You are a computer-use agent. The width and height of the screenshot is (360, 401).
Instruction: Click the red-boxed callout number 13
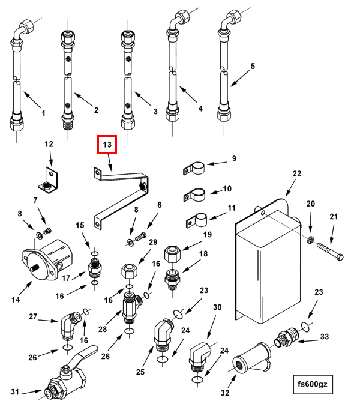107,145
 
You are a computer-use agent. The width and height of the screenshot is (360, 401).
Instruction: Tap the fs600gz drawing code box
313,384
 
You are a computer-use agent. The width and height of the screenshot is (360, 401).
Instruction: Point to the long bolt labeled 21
330,252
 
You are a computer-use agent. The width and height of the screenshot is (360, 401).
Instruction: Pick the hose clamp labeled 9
194,168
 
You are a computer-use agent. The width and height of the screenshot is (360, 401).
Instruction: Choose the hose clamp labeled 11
197,220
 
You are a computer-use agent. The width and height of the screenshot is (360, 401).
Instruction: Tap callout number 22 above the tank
297,174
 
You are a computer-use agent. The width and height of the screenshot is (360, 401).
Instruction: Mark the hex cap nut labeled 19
172,254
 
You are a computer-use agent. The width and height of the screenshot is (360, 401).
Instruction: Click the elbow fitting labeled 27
70,325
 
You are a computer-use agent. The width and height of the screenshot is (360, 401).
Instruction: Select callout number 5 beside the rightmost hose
253,66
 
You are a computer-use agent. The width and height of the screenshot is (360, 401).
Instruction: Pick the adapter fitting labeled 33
286,337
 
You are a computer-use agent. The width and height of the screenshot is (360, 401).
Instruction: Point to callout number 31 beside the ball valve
15,391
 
